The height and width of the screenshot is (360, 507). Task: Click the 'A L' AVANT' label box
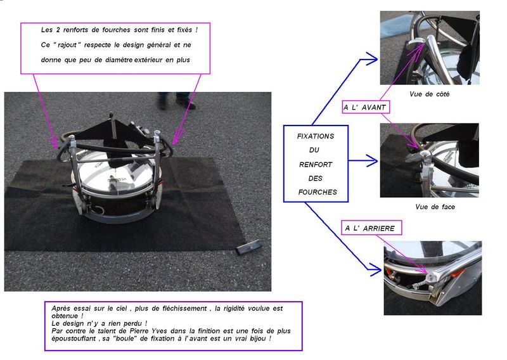[x=366, y=107]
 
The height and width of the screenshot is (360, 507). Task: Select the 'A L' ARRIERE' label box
[x=371, y=228]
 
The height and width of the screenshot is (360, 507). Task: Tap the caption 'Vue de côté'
[x=430, y=94]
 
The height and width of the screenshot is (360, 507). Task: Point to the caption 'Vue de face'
[x=435, y=207]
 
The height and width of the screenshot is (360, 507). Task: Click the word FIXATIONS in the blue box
[x=316, y=136]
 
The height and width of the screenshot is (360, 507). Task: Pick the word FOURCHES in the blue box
[x=318, y=192]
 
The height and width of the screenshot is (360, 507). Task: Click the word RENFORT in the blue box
[x=316, y=165]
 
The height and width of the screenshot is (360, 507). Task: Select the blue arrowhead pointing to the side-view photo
[x=369, y=58]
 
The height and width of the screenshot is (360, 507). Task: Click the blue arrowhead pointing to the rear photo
[x=375, y=269]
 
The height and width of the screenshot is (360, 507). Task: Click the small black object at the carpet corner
[x=248, y=247]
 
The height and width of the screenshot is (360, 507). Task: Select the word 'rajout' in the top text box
[x=67, y=45]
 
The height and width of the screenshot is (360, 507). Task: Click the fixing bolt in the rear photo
[x=431, y=278]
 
